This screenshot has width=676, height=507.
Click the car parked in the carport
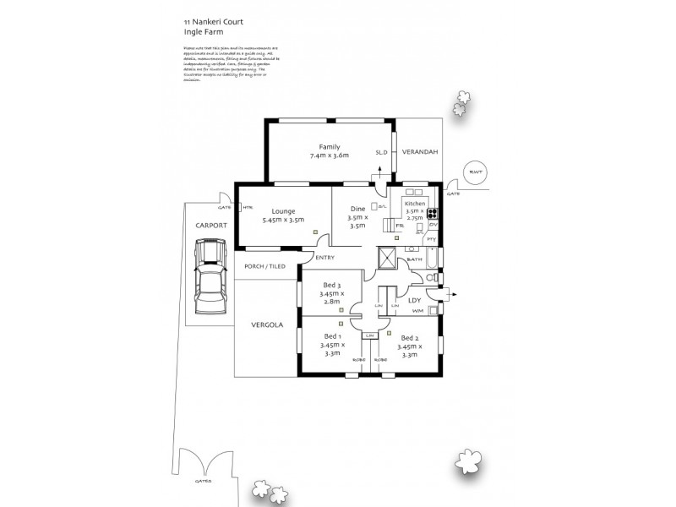(x=208, y=275)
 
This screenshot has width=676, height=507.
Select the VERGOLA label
(x=267, y=325)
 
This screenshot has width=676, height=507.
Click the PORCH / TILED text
(x=264, y=266)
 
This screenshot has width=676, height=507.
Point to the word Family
(x=330, y=146)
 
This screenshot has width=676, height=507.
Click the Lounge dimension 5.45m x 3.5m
(x=283, y=220)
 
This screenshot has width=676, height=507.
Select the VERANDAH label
(x=418, y=151)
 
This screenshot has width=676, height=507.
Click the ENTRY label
(x=325, y=257)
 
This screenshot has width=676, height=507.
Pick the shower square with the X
(x=388, y=258)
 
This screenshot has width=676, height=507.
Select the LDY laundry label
(x=414, y=300)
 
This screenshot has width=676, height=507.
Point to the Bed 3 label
(x=331, y=285)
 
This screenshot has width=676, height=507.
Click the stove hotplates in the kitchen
(x=433, y=214)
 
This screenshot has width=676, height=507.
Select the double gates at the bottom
(x=204, y=464)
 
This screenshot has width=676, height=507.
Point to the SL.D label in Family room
(x=380, y=153)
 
